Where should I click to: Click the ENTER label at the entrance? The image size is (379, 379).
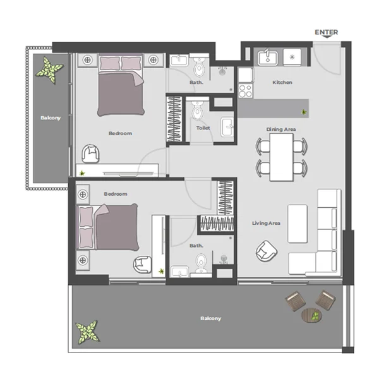[x=326, y=32]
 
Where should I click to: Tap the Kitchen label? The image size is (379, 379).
[x=282, y=82]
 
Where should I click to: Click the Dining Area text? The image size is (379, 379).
[x=281, y=129]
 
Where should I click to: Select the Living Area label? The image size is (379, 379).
[x=266, y=223]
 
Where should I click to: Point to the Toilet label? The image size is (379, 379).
[x=203, y=128]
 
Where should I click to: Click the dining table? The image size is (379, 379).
[x=281, y=157]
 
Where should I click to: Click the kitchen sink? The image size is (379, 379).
[x=267, y=57]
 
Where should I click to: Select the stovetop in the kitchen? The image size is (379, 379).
[x=245, y=90]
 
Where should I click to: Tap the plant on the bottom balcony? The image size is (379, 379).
[x=86, y=331]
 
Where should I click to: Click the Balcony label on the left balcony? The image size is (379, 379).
[x=51, y=117]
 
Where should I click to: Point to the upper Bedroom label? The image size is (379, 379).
[x=120, y=133]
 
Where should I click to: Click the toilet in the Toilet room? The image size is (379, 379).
[x=197, y=112]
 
